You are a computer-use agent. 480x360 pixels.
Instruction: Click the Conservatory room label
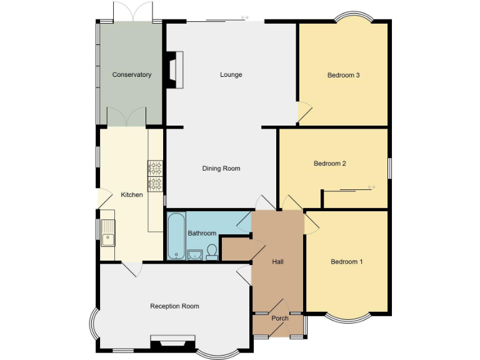tap(132, 75)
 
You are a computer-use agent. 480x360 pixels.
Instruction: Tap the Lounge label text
tap(231, 75)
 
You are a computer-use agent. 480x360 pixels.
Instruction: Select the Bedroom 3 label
tap(343, 76)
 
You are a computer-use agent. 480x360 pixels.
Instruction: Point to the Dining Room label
tap(221, 169)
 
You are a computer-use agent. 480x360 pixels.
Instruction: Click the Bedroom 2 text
tap(329, 164)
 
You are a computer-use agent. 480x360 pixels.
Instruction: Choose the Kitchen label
tap(132, 195)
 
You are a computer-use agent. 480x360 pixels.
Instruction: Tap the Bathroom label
tap(202, 234)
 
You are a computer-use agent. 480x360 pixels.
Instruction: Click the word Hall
tap(277, 262)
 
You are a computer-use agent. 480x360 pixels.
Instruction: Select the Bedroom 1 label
tap(346, 262)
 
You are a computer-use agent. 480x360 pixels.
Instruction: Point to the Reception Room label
tap(174, 306)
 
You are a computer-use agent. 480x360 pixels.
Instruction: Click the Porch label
tap(279, 319)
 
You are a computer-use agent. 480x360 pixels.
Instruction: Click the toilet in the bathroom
tap(212, 251)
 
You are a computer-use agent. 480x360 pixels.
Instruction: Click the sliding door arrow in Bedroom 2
tap(371, 187)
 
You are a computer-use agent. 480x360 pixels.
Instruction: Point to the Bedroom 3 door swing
tap(304, 111)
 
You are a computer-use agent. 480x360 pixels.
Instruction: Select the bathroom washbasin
tap(194, 253)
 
